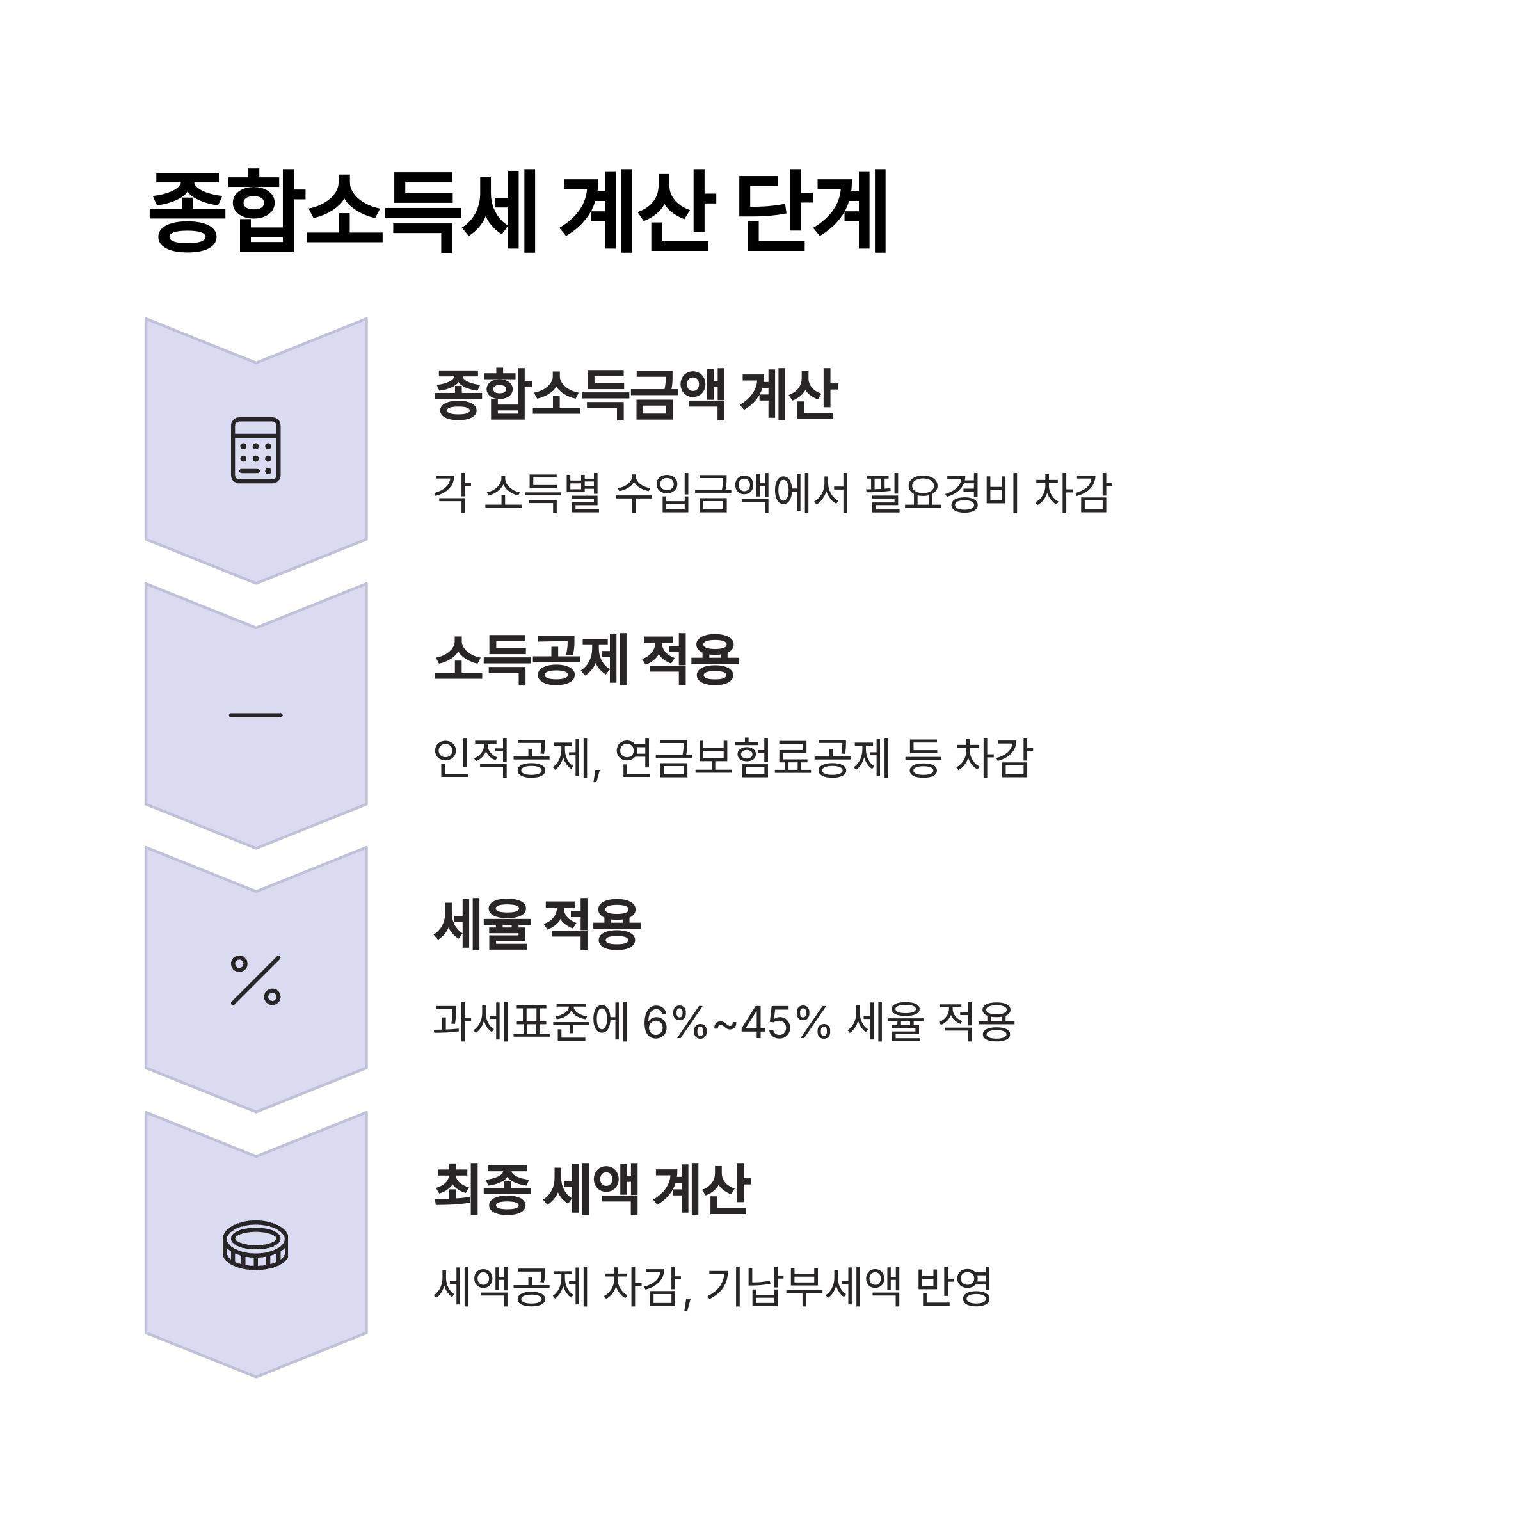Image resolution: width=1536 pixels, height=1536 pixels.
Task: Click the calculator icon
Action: tap(255, 450)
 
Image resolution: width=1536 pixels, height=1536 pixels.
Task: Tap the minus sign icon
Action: tap(255, 716)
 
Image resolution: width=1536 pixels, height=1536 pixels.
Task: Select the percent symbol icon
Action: tap(255, 980)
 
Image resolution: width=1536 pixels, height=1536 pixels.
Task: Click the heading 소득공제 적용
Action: tap(586, 659)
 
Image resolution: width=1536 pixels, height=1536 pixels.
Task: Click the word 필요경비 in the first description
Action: tap(942, 493)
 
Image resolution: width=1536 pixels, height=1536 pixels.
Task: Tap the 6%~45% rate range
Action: tap(736, 1023)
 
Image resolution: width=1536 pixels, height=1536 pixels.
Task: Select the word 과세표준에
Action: tap(531, 1023)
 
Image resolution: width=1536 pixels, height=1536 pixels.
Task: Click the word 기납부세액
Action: tap(803, 1287)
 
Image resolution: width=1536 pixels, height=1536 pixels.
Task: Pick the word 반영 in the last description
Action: tap(954, 1287)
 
